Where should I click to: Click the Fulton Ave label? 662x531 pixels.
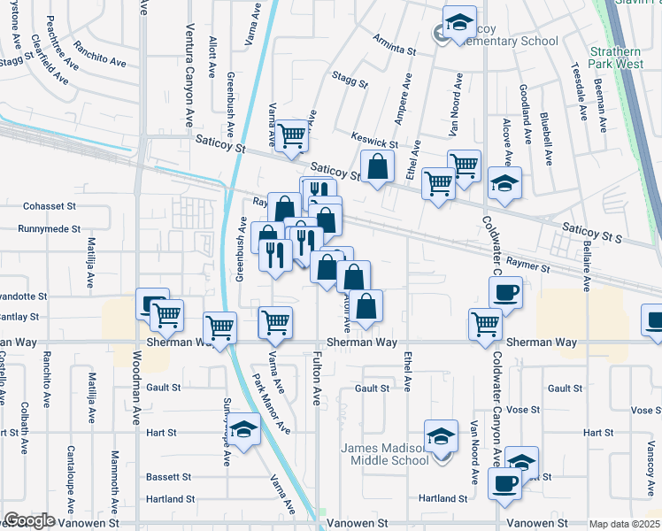click(316, 380)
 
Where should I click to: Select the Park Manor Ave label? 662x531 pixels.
click(273, 404)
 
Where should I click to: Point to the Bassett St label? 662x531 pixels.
click(169, 476)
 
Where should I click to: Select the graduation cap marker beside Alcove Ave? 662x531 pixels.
click(504, 183)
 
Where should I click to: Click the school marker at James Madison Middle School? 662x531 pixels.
click(441, 436)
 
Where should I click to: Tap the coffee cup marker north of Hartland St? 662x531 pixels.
click(505, 484)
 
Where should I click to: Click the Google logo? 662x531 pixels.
click(29, 520)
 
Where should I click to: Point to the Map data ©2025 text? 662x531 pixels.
click(625, 524)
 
